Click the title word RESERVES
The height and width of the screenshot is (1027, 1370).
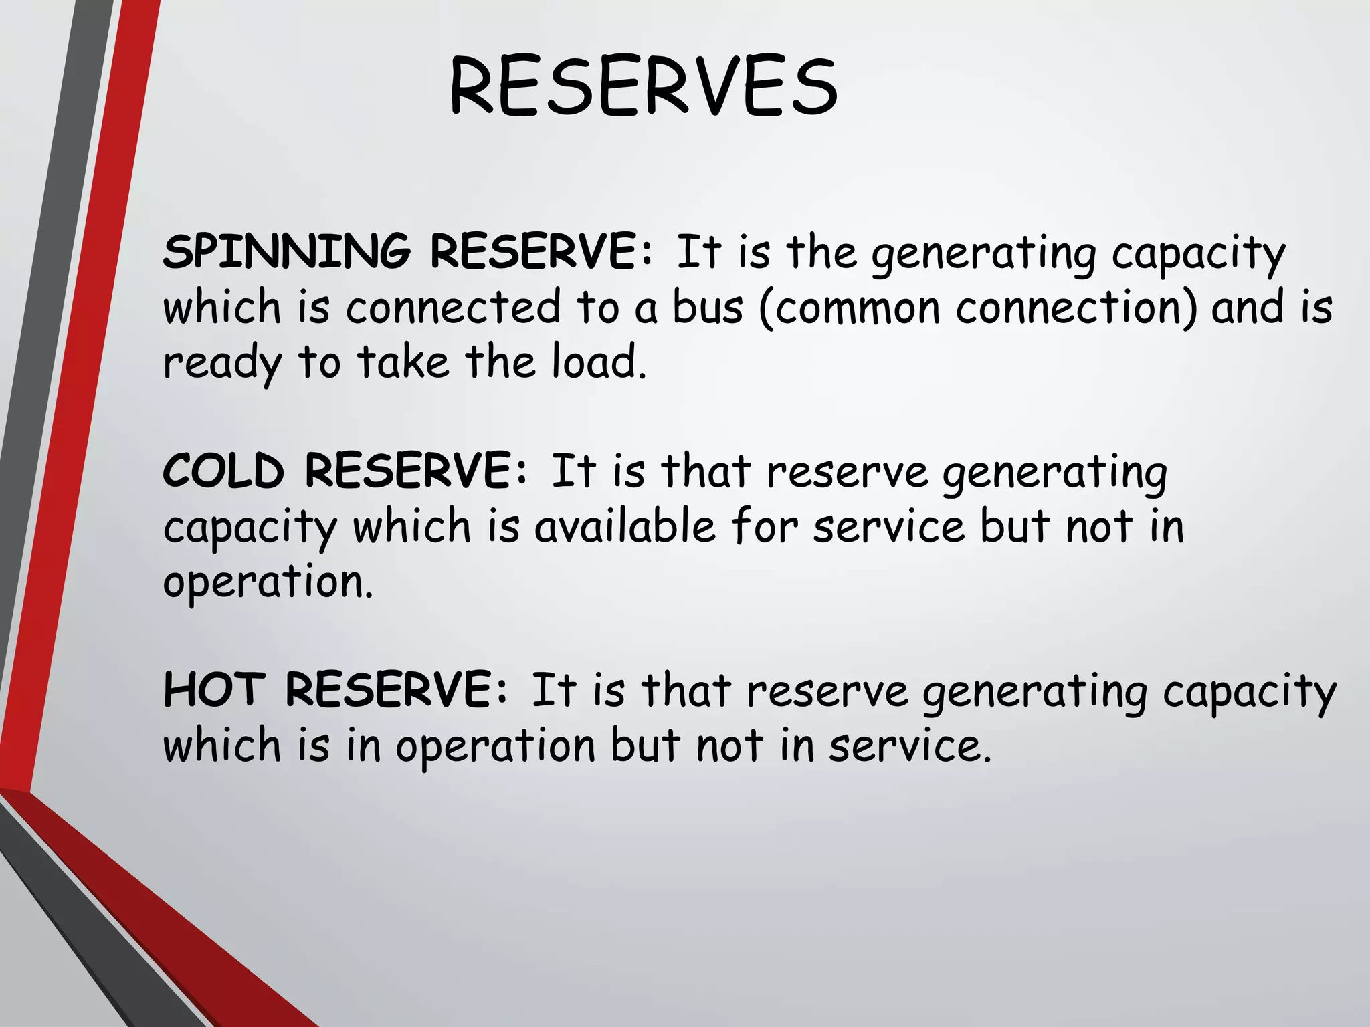pos(643,87)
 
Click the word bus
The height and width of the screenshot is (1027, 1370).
pos(707,307)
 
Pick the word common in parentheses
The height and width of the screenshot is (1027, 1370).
pos(857,307)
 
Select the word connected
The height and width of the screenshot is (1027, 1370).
pos(453,307)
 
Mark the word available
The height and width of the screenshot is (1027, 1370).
pos(625,526)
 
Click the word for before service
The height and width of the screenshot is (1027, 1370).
pos(765,526)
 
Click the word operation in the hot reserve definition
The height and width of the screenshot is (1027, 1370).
pos(495,746)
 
